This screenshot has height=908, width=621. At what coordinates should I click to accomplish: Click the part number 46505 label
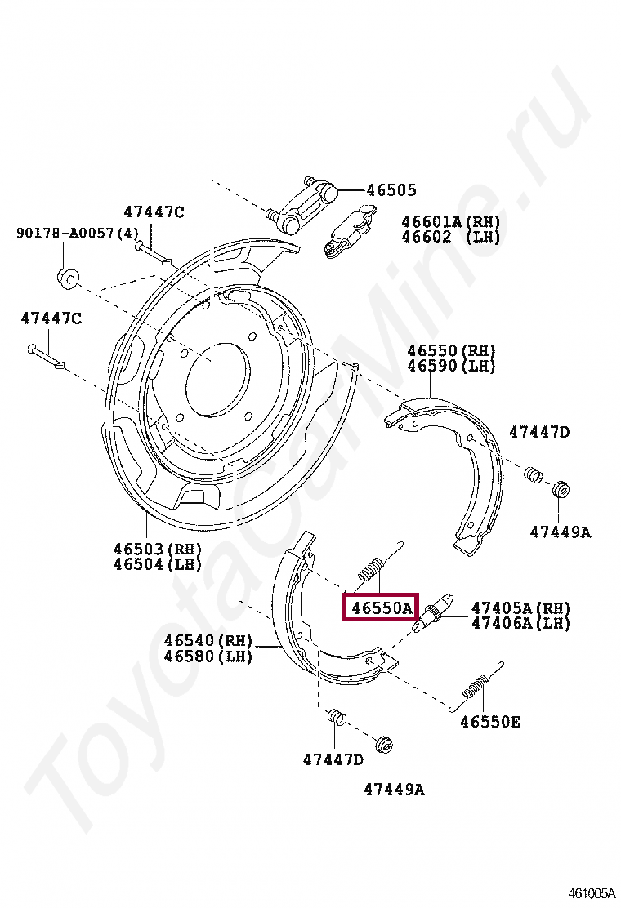(x=391, y=190)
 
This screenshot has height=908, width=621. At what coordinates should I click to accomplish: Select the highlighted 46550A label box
(x=380, y=608)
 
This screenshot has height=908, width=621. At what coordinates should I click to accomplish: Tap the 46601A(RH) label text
(x=450, y=222)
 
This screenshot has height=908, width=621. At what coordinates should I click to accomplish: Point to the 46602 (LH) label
(x=450, y=237)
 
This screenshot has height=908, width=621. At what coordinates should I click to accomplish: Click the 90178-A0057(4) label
(x=78, y=233)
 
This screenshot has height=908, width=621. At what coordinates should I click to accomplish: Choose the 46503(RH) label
(x=157, y=549)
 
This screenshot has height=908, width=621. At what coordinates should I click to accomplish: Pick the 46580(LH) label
(x=208, y=656)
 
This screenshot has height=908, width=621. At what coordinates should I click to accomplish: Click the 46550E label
(x=490, y=722)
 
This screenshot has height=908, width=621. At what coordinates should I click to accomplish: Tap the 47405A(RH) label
(x=520, y=608)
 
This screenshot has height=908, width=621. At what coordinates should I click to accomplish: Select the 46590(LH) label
(x=451, y=366)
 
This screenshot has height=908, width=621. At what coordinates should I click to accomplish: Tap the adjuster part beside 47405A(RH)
(x=432, y=613)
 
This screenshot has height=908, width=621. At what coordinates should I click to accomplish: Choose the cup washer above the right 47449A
(x=561, y=490)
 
